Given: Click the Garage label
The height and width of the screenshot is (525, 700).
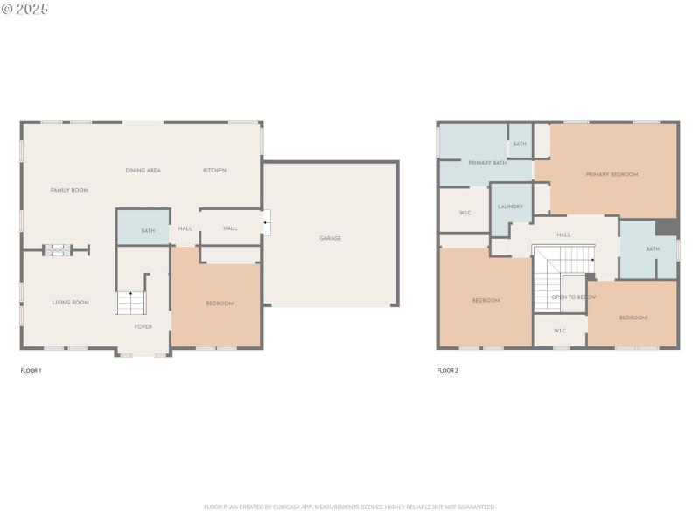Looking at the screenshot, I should pos(330,238).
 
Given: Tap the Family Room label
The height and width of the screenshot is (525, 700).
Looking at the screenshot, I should pos(69,190).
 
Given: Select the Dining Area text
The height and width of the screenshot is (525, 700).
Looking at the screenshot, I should pos(143,170).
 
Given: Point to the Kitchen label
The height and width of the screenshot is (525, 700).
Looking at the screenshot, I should pos(214,170).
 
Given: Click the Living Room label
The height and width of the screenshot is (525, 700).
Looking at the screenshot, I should pos(70,303).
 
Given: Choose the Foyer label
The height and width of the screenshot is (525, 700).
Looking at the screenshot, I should pos(143,326).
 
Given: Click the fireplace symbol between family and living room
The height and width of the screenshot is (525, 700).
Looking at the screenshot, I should pos(58,251).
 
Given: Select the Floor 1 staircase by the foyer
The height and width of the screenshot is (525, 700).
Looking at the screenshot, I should pos(129,302).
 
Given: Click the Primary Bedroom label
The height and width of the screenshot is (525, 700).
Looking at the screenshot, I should pos(612,174).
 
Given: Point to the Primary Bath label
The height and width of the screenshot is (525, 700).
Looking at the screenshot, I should pos(487,163).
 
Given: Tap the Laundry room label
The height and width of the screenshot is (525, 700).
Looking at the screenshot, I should pos(510,206).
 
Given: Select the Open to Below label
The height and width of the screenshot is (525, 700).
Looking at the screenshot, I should pos(574,297).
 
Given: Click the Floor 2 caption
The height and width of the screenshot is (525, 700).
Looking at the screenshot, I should pos(447,371).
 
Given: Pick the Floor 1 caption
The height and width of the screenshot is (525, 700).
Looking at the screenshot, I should pos(31,371).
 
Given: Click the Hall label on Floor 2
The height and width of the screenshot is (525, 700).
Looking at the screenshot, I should pos(563,234).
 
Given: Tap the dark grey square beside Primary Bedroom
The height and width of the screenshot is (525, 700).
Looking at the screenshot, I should pos(667,227).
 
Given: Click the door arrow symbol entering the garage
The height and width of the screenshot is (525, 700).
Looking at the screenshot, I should pos(267,223).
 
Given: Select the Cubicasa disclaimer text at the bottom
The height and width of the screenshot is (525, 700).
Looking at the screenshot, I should pos(350,507).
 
